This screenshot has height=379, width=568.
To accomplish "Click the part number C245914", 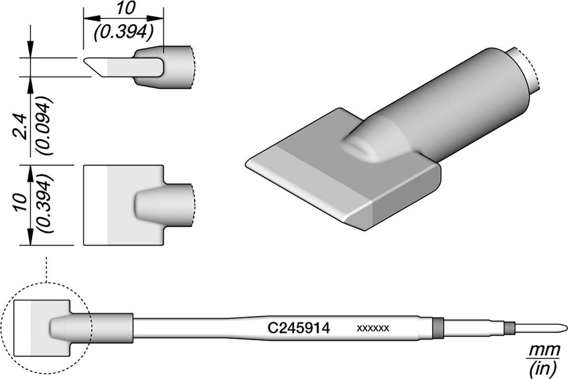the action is pos(299,328).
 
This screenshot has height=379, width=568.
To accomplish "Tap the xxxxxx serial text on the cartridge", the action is pos(373,328).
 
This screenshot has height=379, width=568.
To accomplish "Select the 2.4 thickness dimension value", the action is pos(21,127).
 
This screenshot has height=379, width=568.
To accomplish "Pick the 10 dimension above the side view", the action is pos(126,8).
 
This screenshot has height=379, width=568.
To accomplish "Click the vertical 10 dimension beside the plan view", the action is pos(21,203).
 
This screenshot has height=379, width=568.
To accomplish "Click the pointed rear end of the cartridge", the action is pos(563,328).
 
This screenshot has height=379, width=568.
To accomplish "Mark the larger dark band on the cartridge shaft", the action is pos(438,328).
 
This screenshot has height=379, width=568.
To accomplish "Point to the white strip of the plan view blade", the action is pos(95,205).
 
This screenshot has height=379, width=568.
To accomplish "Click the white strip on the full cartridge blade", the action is pos(22,328).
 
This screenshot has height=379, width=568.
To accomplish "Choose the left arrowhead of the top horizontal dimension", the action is pos(92,18).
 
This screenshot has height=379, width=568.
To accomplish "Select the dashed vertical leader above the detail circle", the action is pos(47,270).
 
